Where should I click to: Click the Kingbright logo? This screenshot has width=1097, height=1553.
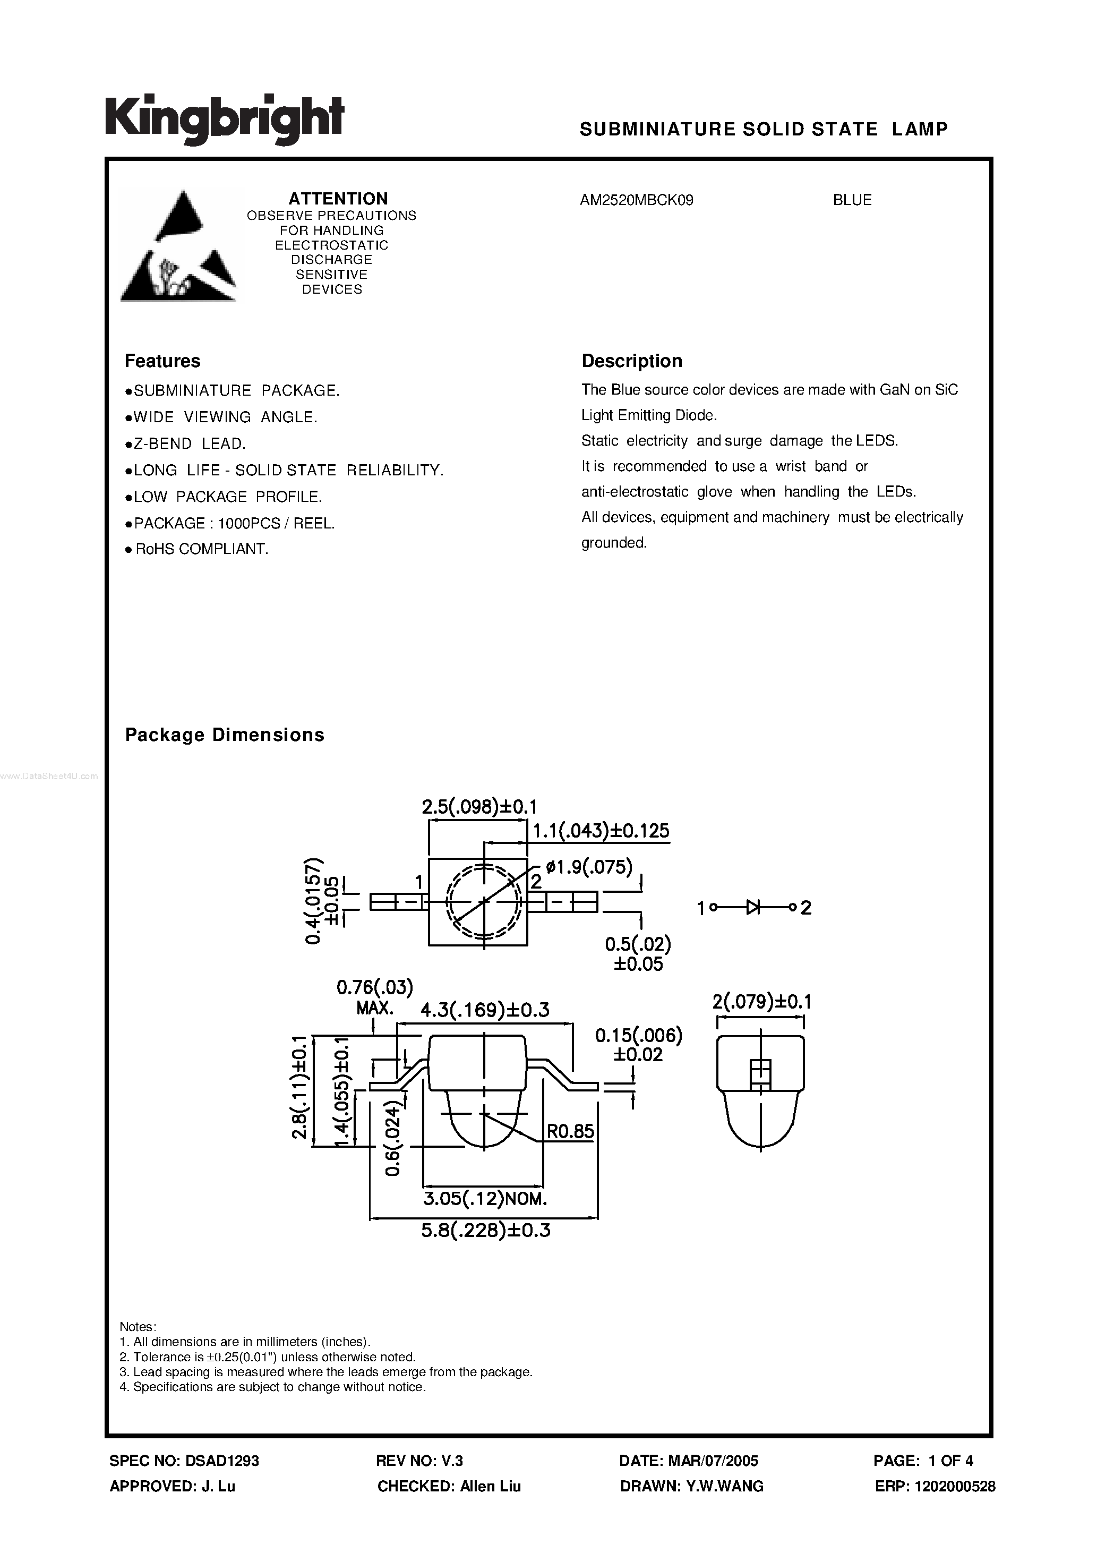pyautogui.click(x=225, y=120)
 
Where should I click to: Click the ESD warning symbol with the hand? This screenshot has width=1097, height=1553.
pyautogui.click(x=178, y=246)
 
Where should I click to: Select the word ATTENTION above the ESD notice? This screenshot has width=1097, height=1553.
pyautogui.click(x=338, y=199)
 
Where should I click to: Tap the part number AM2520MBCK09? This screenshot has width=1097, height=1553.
pyautogui.click(x=637, y=200)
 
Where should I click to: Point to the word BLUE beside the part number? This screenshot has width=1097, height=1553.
pyautogui.click(x=852, y=200)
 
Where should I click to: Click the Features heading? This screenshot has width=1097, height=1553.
pyautogui.click(x=163, y=361)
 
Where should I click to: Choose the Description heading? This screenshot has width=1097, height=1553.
pyautogui.click(x=632, y=361)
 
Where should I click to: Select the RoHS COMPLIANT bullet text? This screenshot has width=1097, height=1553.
pyautogui.click(x=202, y=549)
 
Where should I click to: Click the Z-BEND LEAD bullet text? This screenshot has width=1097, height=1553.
pyautogui.click(x=190, y=443)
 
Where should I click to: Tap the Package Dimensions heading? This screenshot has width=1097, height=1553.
pyautogui.click(x=225, y=735)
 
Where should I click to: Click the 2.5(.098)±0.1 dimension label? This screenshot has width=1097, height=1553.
pyautogui.click(x=479, y=807)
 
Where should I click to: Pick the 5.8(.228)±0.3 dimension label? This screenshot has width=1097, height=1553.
pyautogui.click(x=486, y=1231)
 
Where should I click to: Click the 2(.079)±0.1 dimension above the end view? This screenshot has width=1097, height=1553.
pyautogui.click(x=761, y=1002)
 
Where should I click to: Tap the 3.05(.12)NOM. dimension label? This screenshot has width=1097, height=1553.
pyautogui.click(x=484, y=1199)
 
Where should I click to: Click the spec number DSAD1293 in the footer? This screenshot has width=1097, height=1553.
pyautogui.click(x=222, y=1461)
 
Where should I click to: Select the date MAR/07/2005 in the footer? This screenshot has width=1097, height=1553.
pyautogui.click(x=714, y=1461)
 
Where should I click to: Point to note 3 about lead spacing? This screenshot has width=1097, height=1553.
pyautogui.click(x=333, y=1372)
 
